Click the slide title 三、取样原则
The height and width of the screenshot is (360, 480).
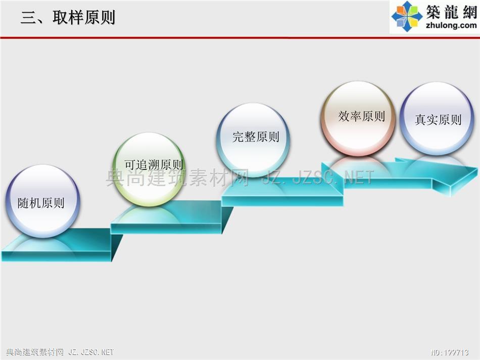pyautogui.click(x=68, y=17)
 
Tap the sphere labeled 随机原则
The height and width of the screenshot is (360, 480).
pyautogui.click(x=42, y=201)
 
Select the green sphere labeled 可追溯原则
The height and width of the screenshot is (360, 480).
pyautogui.click(x=150, y=169)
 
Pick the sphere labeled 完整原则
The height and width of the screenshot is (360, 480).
pyautogui.click(x=253, y=140)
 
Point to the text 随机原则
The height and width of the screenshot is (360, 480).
pyautogui.click(x=41, y=203)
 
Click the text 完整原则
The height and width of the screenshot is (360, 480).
pyautogui.click(x=256, y=137)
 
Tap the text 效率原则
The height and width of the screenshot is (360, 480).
pyautogui.click(x=362, y=116)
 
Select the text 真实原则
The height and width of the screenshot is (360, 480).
pyautogui.click(x=438, y=119)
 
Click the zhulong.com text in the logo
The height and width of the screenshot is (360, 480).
pyautogui.click(x=451, y=25)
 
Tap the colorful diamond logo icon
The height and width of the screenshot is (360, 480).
pyautogui.click(x=407, y=16)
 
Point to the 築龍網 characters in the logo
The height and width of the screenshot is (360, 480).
pyautogui.click(x=452, y=12)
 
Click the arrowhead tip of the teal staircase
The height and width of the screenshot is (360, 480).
pyautogui.click(x=477, y=168)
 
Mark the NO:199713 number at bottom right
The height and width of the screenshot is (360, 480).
pyautogui.click(x=449, y=352)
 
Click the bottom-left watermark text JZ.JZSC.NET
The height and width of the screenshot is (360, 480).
pyautogui.click(x=91, y=352)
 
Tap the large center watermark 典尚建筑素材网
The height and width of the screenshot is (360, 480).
pyautogui.click(x=177, y=178)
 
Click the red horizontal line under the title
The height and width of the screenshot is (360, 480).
pyautogui.click(x=240, y=38)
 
